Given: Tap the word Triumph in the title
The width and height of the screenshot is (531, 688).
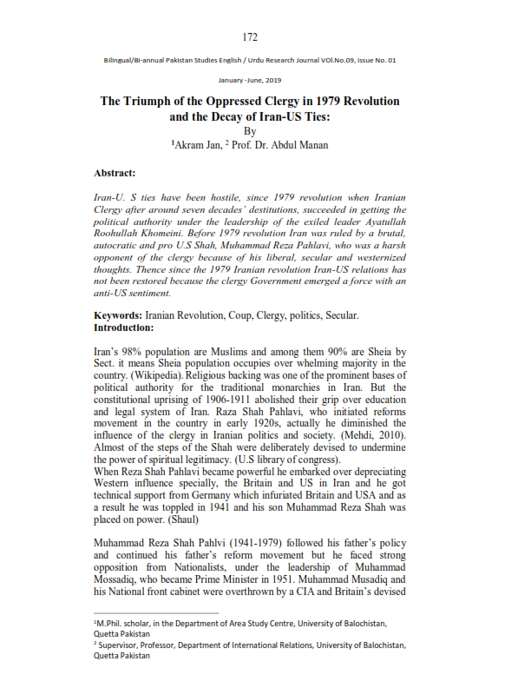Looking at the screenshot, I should pos(163,101).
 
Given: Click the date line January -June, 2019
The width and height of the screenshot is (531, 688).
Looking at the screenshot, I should pos(251,79).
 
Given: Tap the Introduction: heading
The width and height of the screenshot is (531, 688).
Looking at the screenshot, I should pos(123,327).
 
